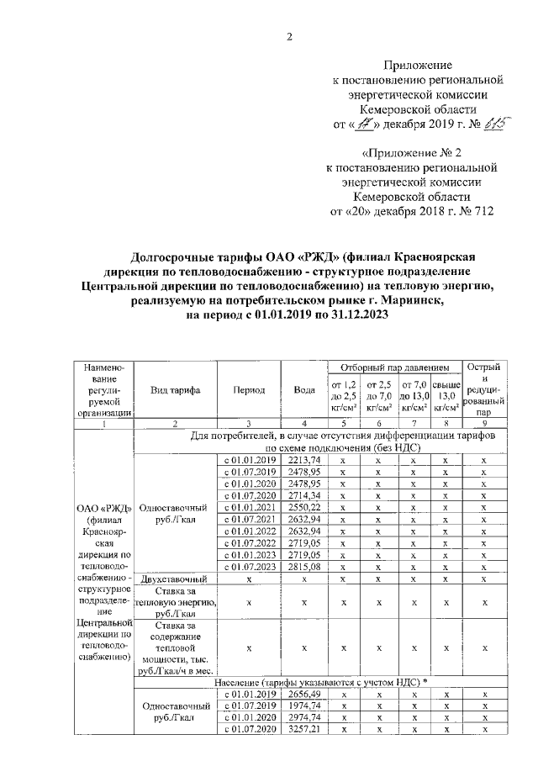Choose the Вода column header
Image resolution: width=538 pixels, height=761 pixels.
coord(304,390)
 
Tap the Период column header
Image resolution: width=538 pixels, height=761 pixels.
coord(250,390)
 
